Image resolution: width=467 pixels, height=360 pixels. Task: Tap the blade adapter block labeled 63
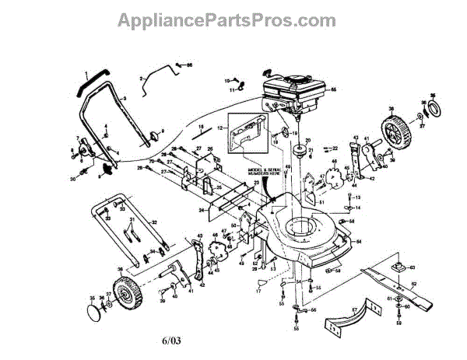(x=398, y=268)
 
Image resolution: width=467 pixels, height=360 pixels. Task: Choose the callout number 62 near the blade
(x=414, y=283)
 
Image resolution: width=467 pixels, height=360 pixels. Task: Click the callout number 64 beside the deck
(x=359, y=242)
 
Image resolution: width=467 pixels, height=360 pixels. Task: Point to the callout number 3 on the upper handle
(x=125, y=99)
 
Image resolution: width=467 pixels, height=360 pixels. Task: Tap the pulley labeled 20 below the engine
(x=298, y=147)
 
